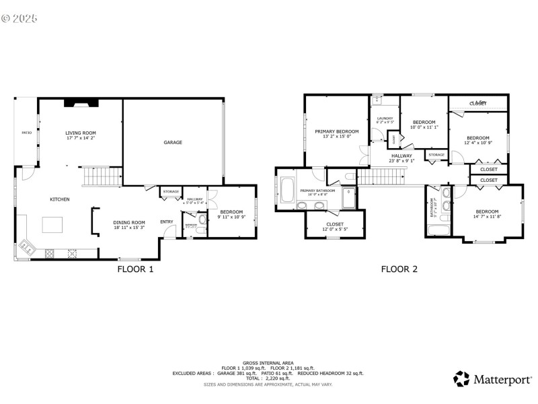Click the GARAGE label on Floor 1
(x=173, y=142)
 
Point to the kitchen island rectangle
(x=52, y=224)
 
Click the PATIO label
(x=27, y=133)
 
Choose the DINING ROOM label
(x=129, y=225)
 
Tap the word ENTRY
(x=167, y=222)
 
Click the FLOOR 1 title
(x=136, y=269)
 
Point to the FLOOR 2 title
(x=399, y=269)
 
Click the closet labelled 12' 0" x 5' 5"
(x=335, y=226)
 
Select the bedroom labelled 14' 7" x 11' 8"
(x=487, y=213)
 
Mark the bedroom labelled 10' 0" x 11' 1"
(x=424, y=124)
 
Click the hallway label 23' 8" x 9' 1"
(x=402, y=158)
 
